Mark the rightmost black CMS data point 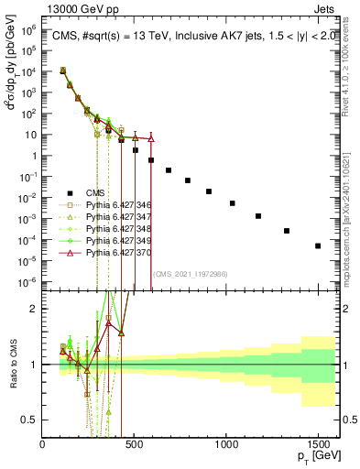[x=318, y=245]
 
